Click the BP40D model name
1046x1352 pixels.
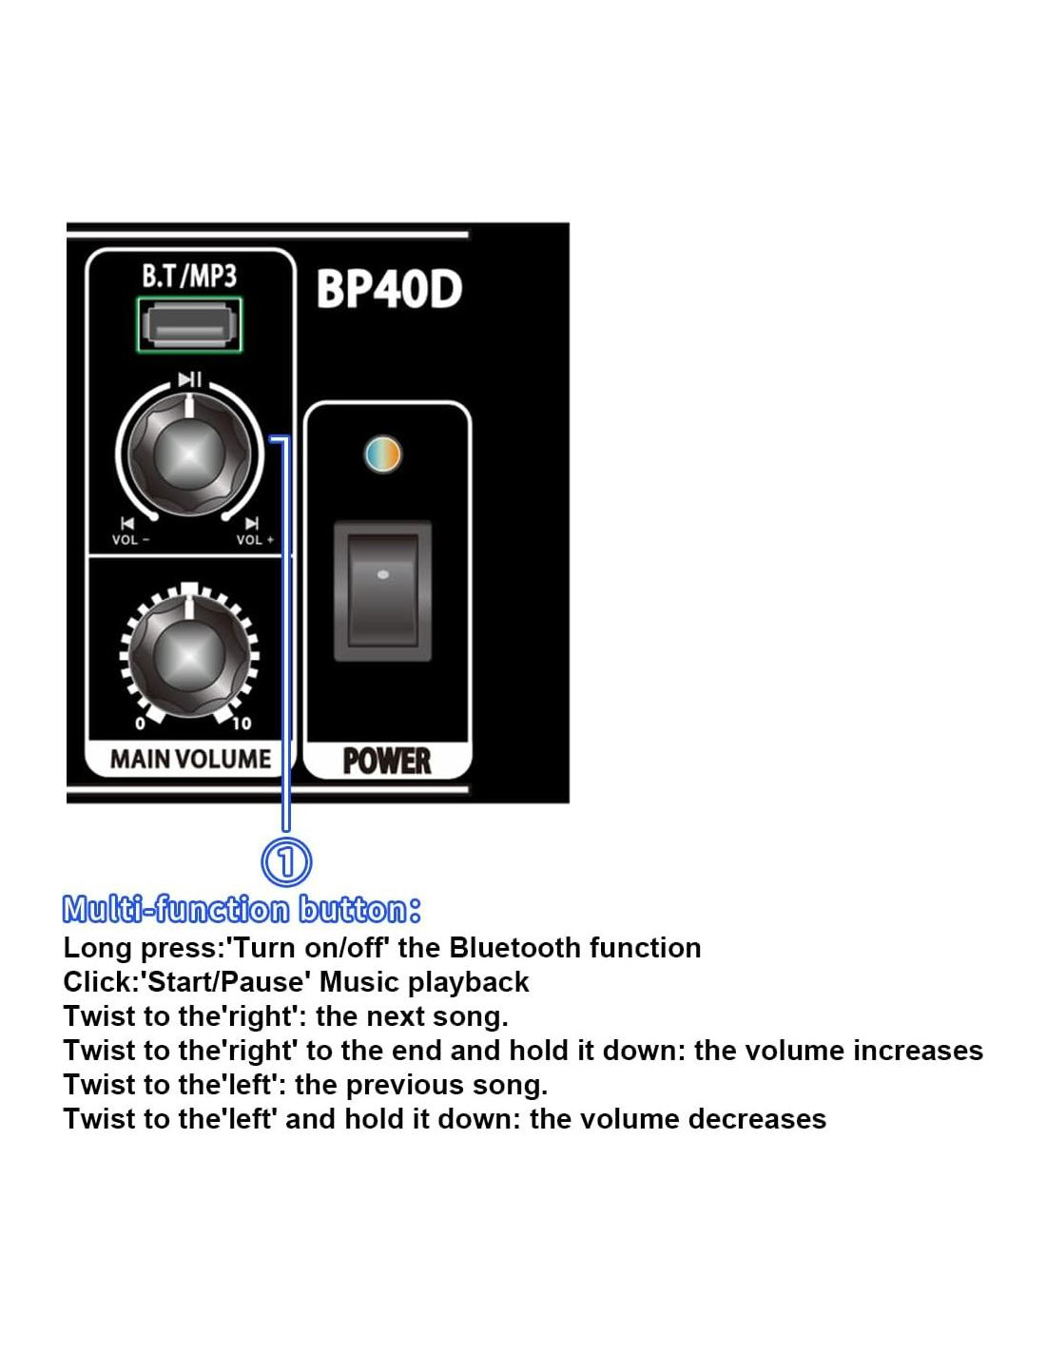point(389,289)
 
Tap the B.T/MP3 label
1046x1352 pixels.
point(189,275)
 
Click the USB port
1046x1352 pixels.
point(189,325)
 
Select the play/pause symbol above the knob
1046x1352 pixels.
point(189,379)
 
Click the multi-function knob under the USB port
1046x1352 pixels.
point(189,454)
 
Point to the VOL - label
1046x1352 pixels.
point(130,539)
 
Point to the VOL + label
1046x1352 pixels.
point(255,539)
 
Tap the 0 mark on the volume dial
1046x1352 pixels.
point(140,723)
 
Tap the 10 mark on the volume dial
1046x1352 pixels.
point(242,723)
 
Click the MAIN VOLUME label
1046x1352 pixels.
point(190,759)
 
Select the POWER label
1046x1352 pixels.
point(387,761)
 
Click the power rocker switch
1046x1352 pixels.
point(382,590)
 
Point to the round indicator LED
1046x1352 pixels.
point(382,454)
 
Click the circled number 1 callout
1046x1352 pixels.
point(286,862)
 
